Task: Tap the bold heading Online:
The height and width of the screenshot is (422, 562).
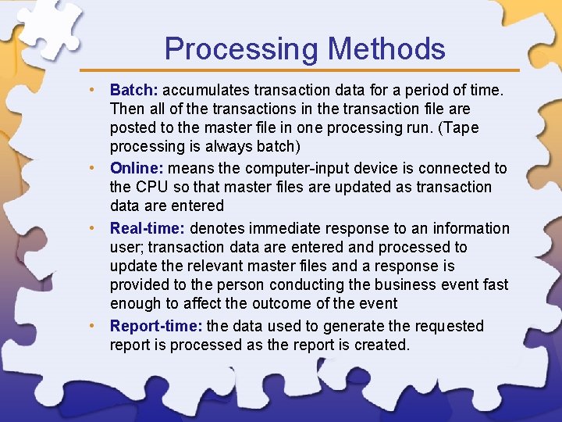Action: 137,168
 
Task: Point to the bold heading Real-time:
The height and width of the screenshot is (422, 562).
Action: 148,228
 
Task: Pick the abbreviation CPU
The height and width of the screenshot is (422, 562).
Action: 151,187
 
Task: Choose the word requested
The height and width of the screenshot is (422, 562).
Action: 440,326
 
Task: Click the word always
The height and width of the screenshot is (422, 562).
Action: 222,146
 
